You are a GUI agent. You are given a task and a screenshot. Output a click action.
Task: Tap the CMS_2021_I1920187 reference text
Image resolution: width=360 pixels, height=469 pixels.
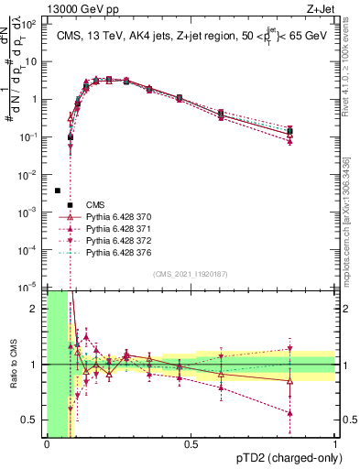click(191, 274)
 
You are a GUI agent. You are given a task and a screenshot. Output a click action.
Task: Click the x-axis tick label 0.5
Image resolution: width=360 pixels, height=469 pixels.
click(191, 444)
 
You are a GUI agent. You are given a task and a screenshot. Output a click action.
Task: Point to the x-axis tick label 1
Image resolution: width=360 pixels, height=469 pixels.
click(335, 444)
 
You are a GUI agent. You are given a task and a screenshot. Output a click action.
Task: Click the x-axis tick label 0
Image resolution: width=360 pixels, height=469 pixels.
click(47, 444)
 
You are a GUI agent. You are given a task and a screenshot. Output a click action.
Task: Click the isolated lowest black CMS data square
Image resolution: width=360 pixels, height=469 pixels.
click(58, 191)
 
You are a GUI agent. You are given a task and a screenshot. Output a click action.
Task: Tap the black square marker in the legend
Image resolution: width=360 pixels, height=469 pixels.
click(69, 204)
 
